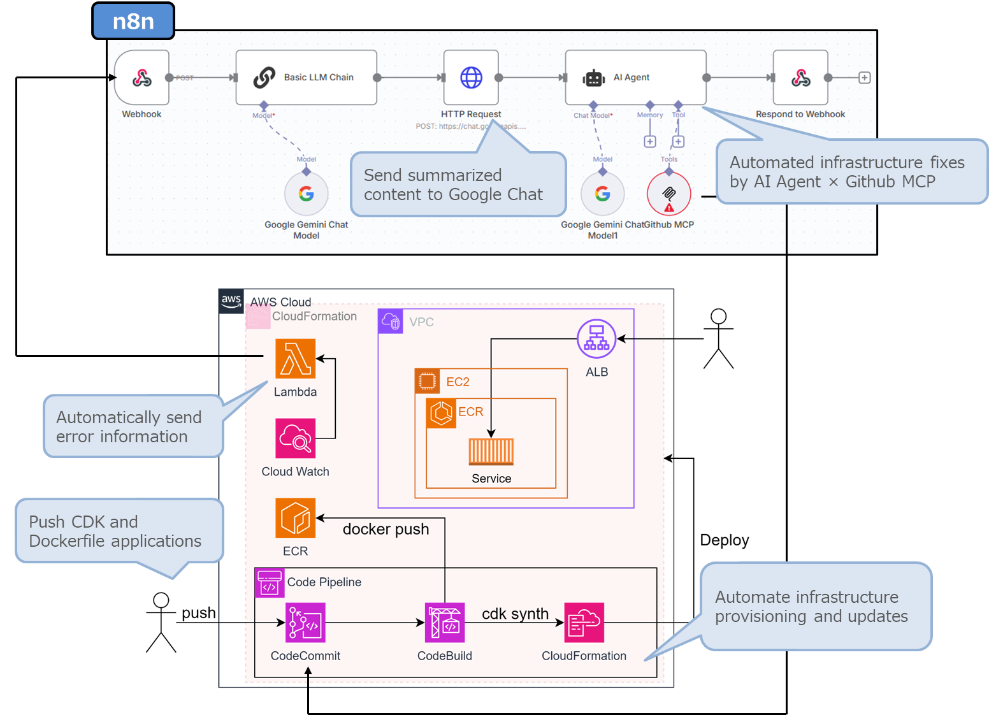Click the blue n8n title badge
(133, 21)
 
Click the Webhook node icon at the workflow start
(141, 78)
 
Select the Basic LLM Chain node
(306, 78)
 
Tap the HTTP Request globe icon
(471, 78)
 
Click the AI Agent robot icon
(593, 78)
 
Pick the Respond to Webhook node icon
(800, 78)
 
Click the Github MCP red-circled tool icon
(668, 194)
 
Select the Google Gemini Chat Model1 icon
(602, 194)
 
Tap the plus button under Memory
(649, 141)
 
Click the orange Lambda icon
(295, 359)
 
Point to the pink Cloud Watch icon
(295, 438)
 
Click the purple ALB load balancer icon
(596, 338)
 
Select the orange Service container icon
(491, 452)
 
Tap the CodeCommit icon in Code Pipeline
(305, 623)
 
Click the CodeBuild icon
(445, 623)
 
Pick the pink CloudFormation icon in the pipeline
(584, 623)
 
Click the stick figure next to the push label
(161, 623)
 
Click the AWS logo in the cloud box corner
(231, 301)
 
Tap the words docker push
(386, 529)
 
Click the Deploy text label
(724, 540)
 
